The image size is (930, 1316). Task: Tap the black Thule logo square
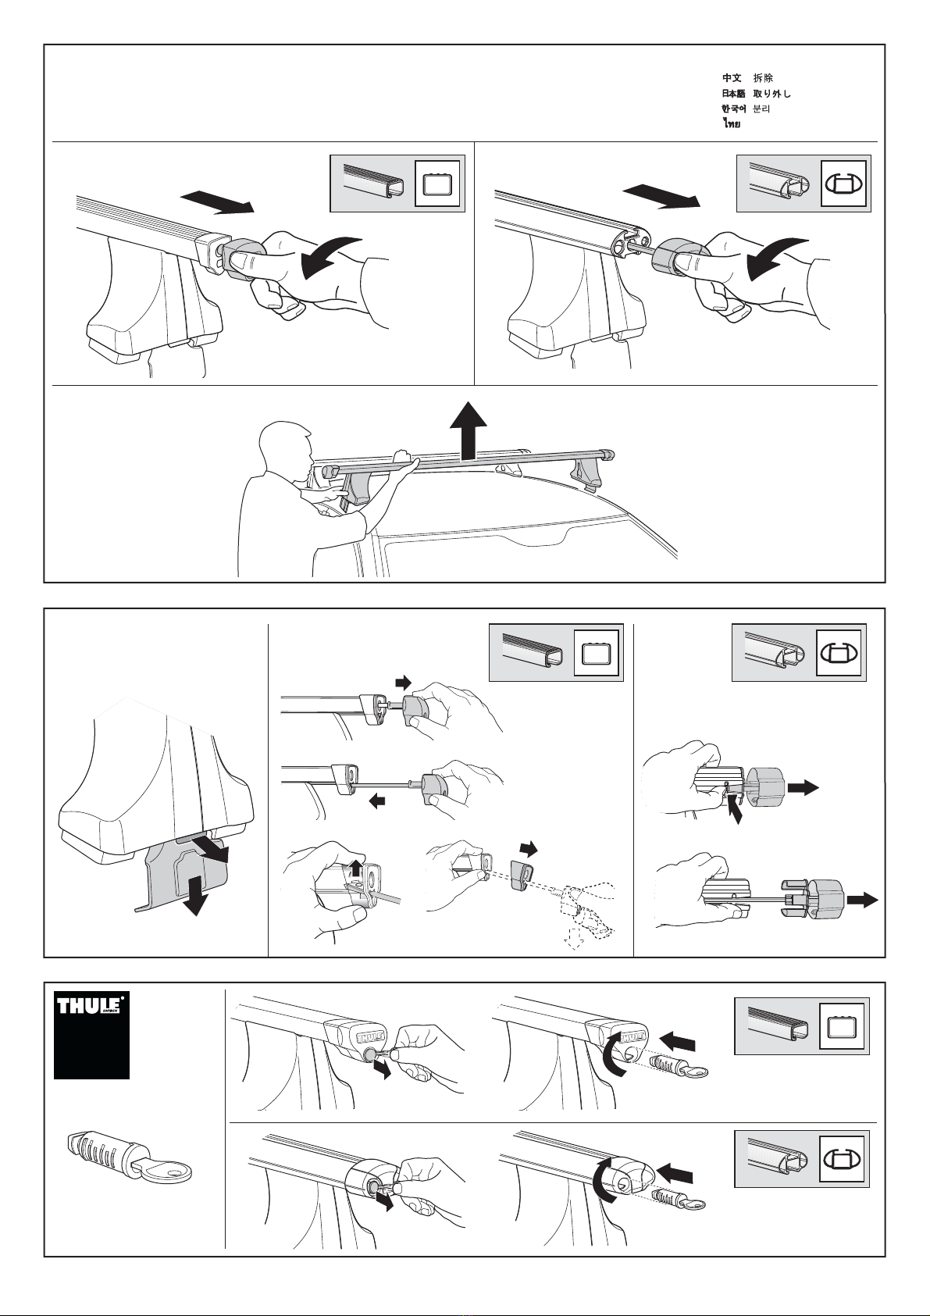[91, 1035]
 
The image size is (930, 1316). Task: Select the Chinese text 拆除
[763, 78]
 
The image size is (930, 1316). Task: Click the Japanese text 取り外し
[771, 94]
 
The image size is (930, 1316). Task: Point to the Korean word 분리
[761, 109]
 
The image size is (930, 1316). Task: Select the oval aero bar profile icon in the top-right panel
[843, 184]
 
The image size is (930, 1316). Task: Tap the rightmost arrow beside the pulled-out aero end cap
[864, 901]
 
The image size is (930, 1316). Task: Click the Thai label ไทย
[731, 123]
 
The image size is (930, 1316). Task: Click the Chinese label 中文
[732, 78]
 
